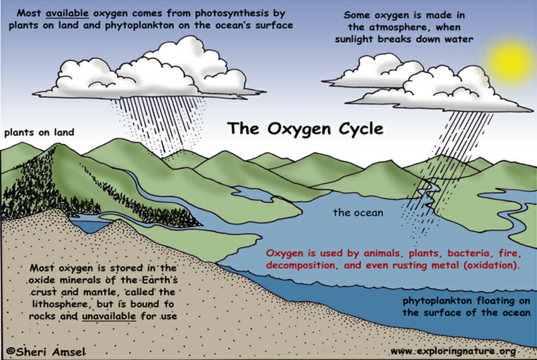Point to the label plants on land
[x=38, y=132]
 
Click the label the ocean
[x=358, y=213]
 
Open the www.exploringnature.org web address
[x=452, y=351]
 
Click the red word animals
[x=355, y=254]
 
